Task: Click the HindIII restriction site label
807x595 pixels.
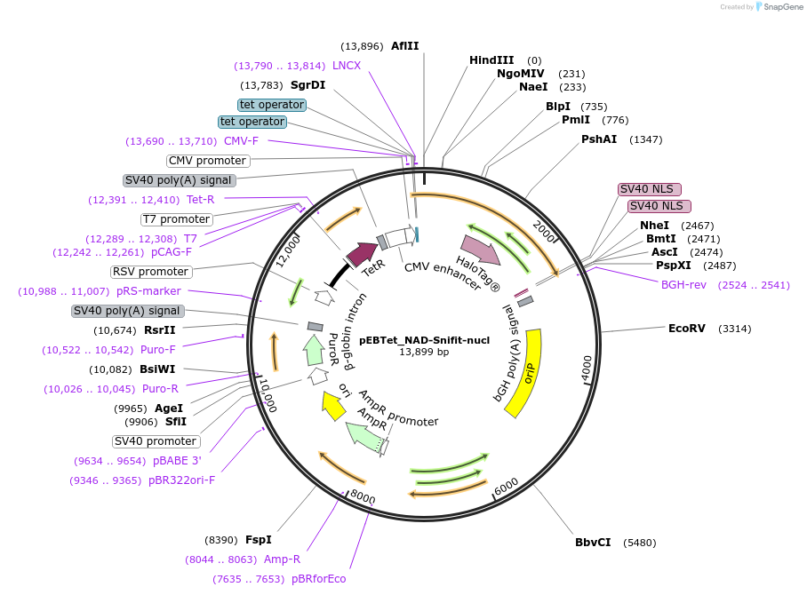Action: (x=491, y=60)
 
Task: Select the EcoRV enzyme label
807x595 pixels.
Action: (x=686, y=329)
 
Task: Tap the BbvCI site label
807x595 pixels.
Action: (x=593, y=543)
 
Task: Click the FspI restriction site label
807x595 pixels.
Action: (x=258, y=540)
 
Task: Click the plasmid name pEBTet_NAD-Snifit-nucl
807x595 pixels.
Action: (x=424, y=339)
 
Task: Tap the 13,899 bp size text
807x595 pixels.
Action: (x=424, y=352)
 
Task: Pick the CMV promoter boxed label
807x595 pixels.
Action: (x=208, y=161)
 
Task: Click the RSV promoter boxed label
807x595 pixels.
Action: (x=150, y=272)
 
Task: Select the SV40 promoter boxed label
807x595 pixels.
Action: (x=156, y=441)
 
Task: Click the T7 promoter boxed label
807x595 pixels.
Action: (x=176, y=219)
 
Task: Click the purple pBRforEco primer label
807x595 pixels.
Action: (x=318, y=579)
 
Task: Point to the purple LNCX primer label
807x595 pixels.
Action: (x=347, y=66)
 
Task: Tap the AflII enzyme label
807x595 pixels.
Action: (x=404, y=46)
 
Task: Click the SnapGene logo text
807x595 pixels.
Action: (x=778, y=7)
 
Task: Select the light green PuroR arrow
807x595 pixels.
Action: (x=313, y=350)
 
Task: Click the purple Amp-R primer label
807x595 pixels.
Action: (x=282, y=559)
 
